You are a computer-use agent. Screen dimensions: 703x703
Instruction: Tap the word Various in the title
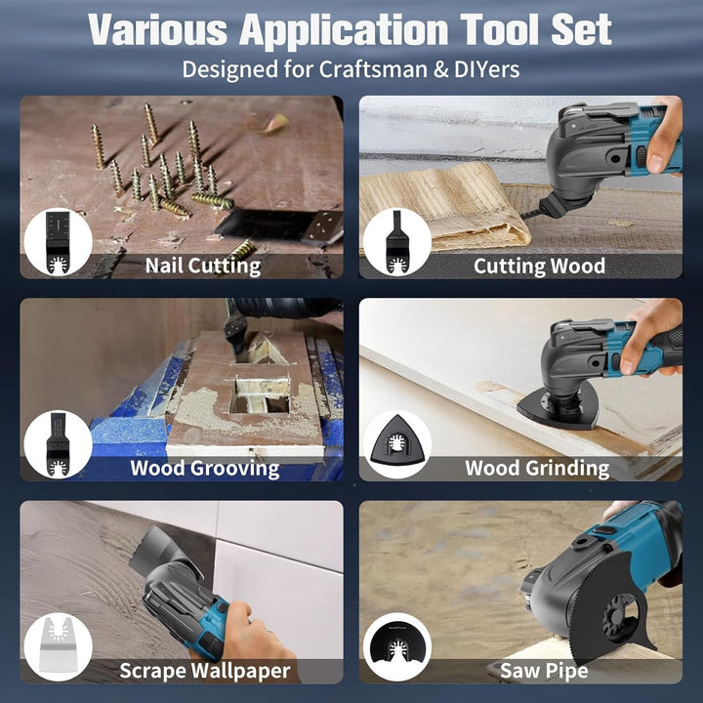(x=158, y=29)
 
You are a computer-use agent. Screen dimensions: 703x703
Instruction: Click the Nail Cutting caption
(x=203, y=266)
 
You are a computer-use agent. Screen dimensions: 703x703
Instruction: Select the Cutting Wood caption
(x=539, y=266)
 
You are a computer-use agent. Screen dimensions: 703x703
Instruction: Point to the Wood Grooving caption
(x=205, y=468)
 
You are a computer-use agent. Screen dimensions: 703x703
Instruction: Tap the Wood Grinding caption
(x=537, y=468)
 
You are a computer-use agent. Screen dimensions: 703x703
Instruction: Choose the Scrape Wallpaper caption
(x=205, y=671)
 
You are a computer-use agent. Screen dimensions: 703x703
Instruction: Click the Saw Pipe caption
(x=544, y=671)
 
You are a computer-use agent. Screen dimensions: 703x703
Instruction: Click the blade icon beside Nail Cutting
(x=59, y=242)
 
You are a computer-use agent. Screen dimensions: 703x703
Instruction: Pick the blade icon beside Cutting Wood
(x=396, y=242)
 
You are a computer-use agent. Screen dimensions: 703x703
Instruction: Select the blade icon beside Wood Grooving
(x=59, y=444)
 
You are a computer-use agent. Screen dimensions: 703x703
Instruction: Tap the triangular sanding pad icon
(x=396, y=440)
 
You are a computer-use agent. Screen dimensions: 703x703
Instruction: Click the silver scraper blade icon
(x=58, y=644)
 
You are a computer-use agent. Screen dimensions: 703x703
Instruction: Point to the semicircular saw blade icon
(x=396, y=647)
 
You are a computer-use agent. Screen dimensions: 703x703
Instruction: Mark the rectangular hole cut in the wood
(x=260, y=395)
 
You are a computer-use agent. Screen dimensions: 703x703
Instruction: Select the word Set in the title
(x=581, y=29)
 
